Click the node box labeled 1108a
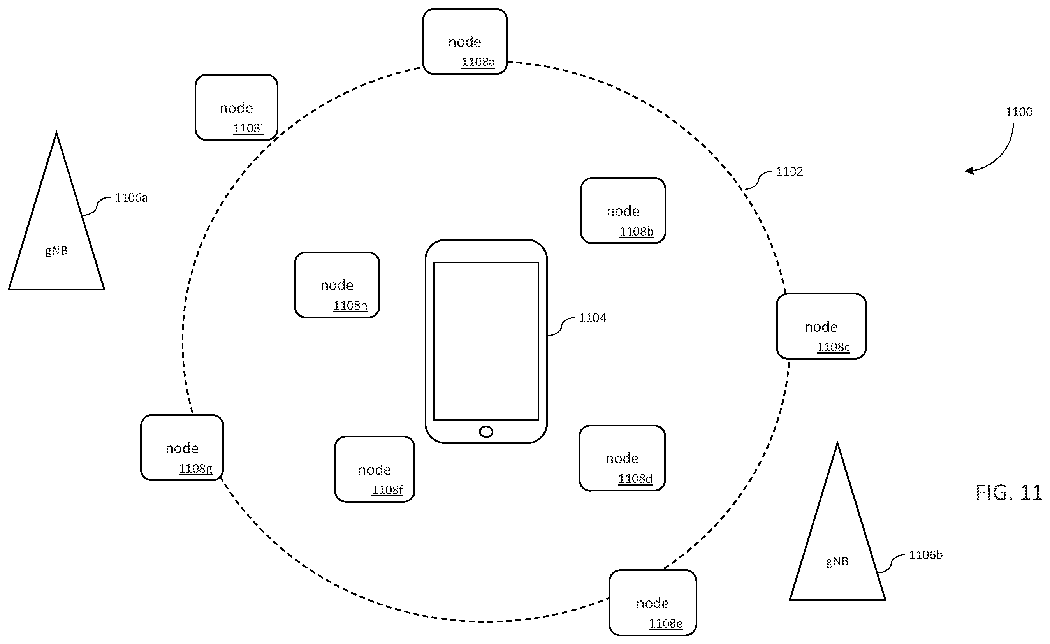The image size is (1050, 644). point(465,41)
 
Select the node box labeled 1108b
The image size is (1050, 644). point(623,211)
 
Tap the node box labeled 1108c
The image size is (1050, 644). point(821,326)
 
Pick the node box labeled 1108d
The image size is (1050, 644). point(622,458)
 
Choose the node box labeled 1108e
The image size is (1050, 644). point(653,603)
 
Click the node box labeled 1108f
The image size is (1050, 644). point(375,469)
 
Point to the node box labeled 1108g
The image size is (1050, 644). point(182,447)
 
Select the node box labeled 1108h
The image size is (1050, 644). point(337,285)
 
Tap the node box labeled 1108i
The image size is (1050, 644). point(236,107)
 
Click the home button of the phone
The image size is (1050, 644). point(486,432)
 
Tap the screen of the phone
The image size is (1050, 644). point(486,341)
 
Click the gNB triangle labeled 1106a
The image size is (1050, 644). point(56,211)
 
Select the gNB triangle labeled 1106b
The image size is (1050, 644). point(837,521)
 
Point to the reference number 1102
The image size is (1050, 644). point(789,171)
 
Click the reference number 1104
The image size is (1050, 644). point(592,318)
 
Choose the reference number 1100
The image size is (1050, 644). point(1019,112)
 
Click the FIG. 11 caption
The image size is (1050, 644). point(1009,493)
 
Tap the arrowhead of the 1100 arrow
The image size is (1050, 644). point(969,171)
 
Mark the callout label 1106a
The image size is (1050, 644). point(131,197)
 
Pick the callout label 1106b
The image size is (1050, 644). point(925,554)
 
